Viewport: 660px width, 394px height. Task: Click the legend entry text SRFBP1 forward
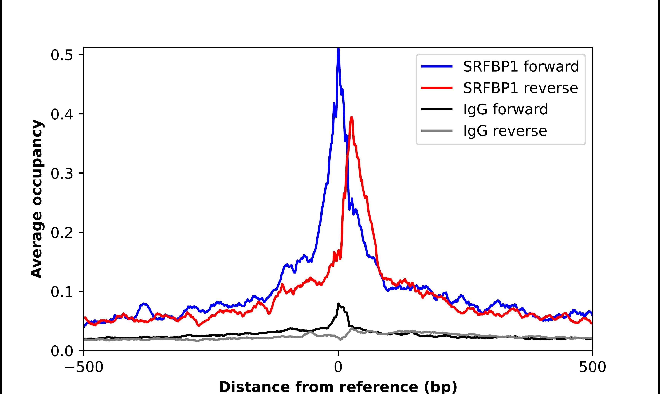[x=521, y=66]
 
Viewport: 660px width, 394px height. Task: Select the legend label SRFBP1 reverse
[x=520, y=88]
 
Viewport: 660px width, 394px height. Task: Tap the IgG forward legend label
[x=505, y=109]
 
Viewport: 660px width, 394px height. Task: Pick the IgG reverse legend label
[x=505, y=131]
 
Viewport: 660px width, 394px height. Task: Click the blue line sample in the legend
[x=437, y=66]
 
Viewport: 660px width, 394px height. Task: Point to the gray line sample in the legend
[x=437, y=131]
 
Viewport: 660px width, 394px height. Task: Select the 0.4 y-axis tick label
[x=62, y=114]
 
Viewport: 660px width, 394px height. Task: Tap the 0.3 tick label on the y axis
[x=62, y=174]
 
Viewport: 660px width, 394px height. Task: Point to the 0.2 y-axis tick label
[x=62, y=233]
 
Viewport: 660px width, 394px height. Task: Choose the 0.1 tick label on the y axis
[x=62, y=292]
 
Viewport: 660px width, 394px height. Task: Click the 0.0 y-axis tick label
[x=62, y=351]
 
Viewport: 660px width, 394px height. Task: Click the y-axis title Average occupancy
[x=37, y=199]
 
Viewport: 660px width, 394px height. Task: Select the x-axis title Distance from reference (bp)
[x=338, y=387]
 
